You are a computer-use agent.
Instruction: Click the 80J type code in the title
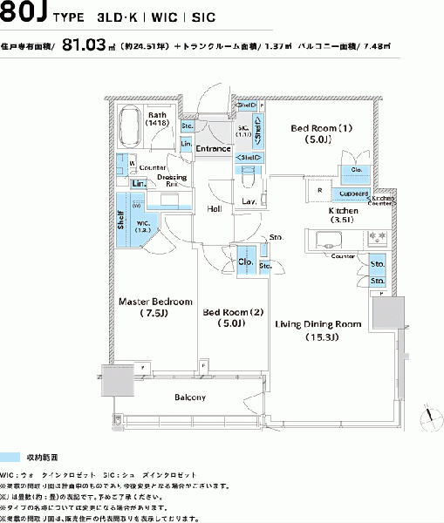pos(24,15)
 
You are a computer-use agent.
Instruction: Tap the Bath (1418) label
pos(158,119)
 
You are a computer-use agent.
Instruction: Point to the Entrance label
pos(213,148)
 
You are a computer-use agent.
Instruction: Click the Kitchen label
pos(343,215)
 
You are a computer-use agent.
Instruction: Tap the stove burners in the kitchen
pos(377,236)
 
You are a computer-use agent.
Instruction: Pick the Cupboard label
pos(353,193)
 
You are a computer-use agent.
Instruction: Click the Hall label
pos(214,209)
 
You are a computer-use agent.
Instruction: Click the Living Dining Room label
pos(318,329)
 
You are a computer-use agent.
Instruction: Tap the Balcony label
pos(188,397)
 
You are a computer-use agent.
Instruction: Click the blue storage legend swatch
pos(32,457)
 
